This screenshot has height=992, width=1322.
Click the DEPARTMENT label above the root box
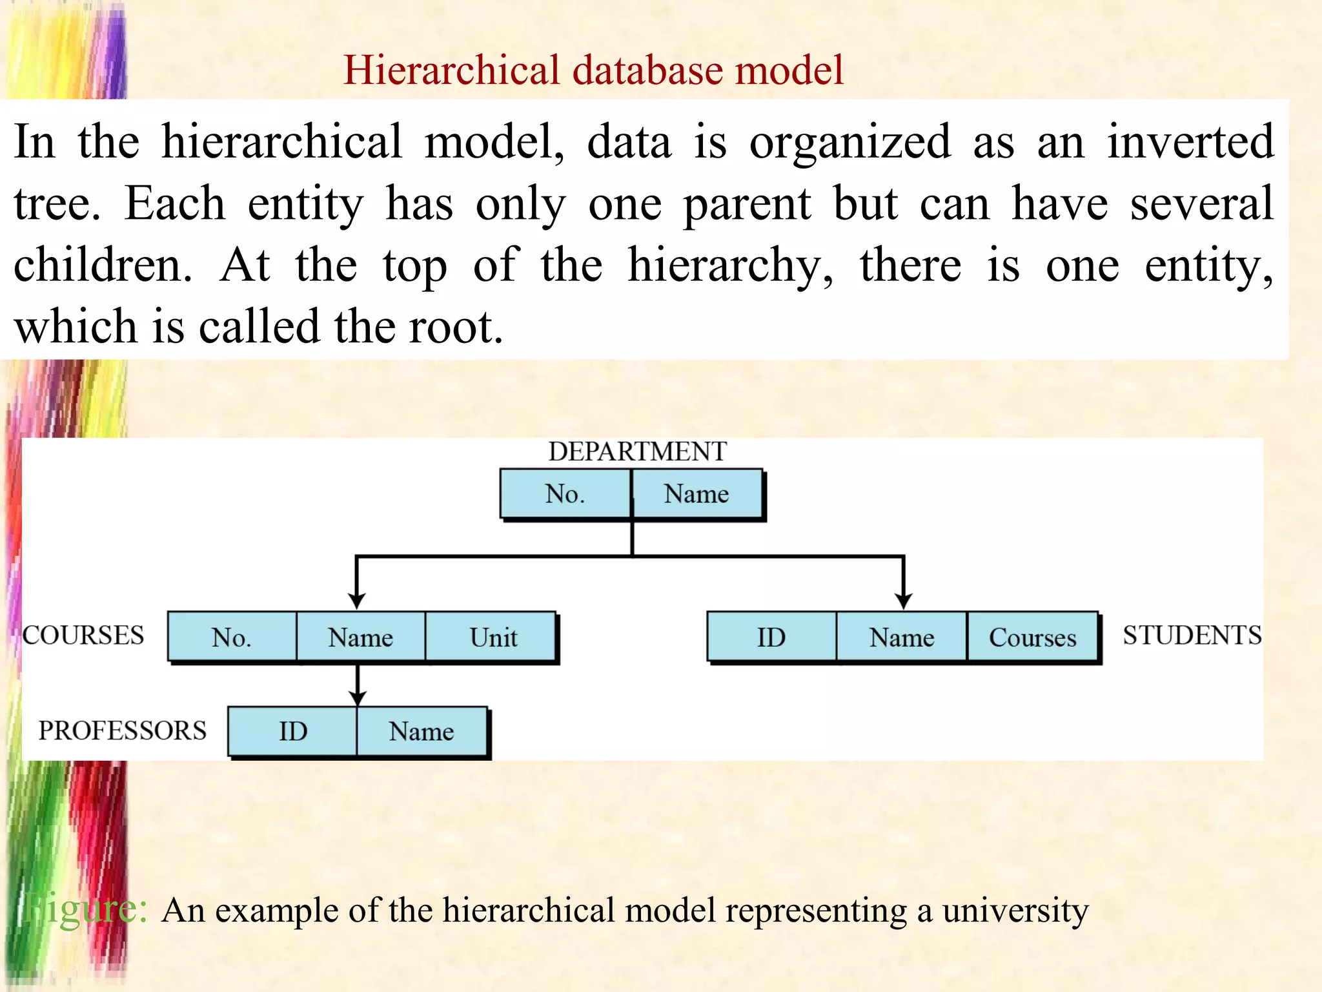coord(637,451)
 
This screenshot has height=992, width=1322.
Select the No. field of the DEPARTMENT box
coord(565,494)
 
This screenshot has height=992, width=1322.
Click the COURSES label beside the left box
coord(83,635)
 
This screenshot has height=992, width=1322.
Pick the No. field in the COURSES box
coord(232,637)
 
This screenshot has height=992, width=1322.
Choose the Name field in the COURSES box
coord(360,637)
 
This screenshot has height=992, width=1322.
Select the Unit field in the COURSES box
coord(493,637)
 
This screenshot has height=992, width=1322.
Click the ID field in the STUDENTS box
coord(771,637)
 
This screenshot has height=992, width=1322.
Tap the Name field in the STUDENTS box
coord(902,637)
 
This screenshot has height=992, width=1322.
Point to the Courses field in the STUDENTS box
coord(1033,637)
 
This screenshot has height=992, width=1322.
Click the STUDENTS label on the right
coord(1192,635)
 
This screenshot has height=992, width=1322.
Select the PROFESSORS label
coord(123,730)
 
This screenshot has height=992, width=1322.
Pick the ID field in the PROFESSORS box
coord(293,732)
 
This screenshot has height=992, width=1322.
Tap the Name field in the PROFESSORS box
coord(422,732)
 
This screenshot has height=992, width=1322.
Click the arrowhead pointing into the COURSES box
coord(357,601)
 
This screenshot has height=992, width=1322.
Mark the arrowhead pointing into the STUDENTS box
coord(904,601)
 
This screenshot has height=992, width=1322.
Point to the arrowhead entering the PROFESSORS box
coord(358,698)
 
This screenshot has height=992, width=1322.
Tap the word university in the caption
coord(1015,910)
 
